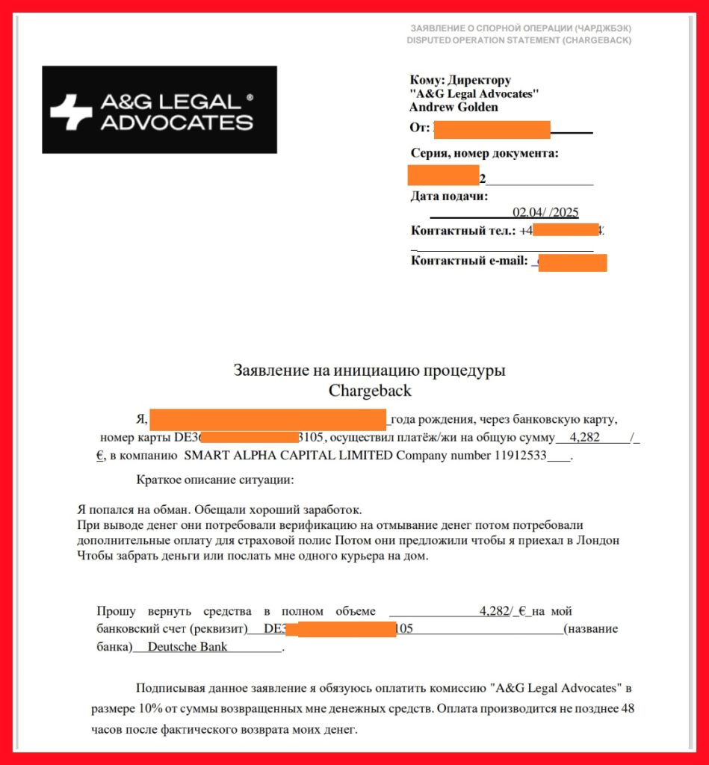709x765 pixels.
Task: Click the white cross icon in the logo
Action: point(71,112)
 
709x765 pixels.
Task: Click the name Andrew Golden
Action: point(453,107)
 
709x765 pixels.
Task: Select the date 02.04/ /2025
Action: point(545,213)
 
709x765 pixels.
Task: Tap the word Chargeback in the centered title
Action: point(370,390)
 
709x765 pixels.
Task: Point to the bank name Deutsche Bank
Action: point(188,647)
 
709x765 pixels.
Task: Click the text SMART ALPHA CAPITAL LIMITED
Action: point(288,456)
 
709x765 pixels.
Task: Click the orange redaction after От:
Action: point(492,129)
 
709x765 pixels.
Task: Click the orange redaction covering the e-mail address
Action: point(572,263)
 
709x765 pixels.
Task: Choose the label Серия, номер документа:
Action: point(485,154)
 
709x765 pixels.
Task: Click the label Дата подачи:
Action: point(449,197)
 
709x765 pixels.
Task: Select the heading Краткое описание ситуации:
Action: point(215,479)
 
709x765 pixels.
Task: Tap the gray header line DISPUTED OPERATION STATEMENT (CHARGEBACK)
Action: point(518,40)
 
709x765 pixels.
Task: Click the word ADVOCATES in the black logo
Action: point(176,123)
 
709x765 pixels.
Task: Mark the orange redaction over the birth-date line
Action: point(267,418)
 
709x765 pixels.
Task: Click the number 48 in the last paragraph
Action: point(627,708)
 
